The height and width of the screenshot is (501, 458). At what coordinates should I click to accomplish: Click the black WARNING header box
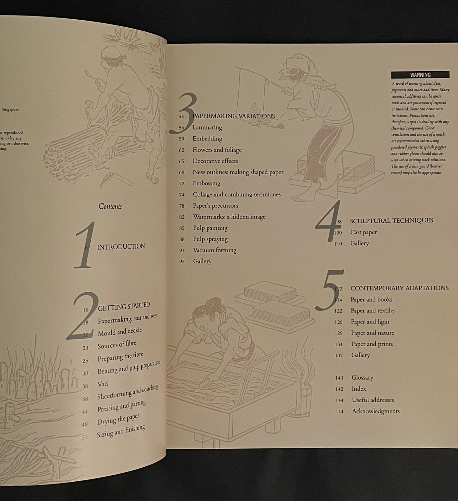420,75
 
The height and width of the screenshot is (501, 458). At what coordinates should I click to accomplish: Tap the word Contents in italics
110,206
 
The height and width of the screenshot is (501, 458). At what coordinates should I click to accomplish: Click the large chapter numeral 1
85,245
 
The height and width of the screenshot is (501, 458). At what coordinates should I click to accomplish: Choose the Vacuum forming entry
215,250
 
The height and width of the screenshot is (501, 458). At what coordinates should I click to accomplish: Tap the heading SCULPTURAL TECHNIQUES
391,221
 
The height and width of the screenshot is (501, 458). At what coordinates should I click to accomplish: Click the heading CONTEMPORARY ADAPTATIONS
399,288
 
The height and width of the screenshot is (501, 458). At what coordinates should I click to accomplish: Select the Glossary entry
362,378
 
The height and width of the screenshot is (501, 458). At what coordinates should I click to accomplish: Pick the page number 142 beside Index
339,389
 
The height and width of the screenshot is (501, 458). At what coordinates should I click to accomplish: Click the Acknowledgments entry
376,411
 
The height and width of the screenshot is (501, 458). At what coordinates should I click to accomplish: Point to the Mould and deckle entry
119,332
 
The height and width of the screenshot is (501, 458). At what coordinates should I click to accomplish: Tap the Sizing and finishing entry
121,431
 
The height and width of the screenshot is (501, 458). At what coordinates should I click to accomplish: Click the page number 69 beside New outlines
182,172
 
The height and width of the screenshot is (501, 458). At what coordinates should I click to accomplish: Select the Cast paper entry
363,232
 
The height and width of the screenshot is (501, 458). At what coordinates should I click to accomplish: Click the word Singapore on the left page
10,109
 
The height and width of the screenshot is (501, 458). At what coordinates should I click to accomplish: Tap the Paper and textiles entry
373,311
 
